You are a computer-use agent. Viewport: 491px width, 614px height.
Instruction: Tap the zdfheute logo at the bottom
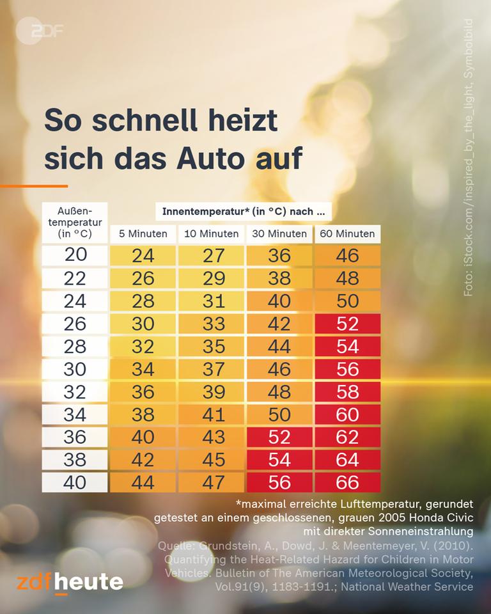click(x=70, y=582)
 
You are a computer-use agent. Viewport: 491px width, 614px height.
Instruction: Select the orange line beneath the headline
click(x=33, y=186)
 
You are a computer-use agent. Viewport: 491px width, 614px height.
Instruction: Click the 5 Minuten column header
click(x=143, y=233)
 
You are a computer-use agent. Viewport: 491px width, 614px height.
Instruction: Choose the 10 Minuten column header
click(x=211, y=233)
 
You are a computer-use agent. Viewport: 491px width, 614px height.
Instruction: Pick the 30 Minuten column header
click(x=279, y=233)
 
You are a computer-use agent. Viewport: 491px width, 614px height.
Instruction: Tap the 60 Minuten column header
click(x=347, y=233)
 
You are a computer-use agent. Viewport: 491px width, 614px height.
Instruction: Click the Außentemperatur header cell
click(x=75, y=222)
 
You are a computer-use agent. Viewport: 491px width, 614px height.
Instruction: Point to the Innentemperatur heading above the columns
click(x=246, y=211)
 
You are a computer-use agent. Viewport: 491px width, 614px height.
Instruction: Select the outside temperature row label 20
click(x=75, y=255)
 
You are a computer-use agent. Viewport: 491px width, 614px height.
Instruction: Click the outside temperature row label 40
click(x=75, y=482)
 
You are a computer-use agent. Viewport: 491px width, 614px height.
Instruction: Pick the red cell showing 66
click(x=347, y=482)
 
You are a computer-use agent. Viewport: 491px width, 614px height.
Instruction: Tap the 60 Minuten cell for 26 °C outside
click(x=347, y=323)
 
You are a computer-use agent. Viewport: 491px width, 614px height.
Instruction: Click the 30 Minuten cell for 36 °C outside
click(x=279, y=436)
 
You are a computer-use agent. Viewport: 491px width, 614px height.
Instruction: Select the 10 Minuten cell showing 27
click(x=211, y=255)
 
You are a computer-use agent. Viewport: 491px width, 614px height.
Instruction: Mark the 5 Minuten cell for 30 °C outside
click(x=143, y=368)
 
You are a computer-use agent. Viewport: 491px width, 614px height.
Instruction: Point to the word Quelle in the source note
click(x=175, y=546)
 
